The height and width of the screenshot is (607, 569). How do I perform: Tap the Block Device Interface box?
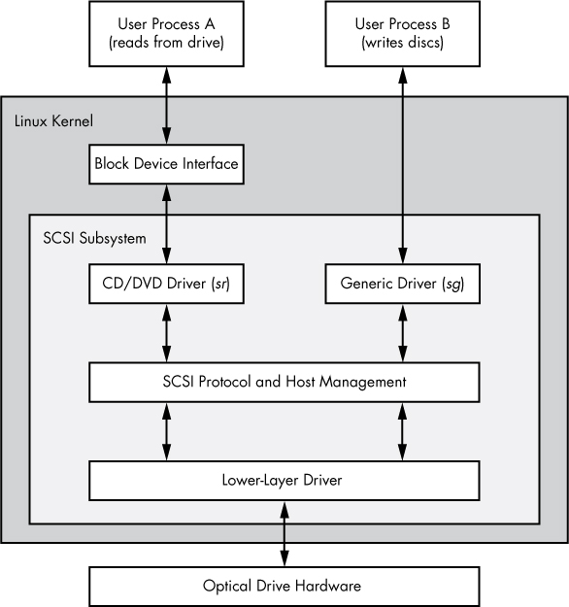pyautogui.click(x=166, y=163)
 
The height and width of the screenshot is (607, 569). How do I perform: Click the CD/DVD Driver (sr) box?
pyautogui.click(x=166, y=285)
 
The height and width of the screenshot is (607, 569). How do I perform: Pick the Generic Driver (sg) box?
pyautogui.click(x=401, y=285)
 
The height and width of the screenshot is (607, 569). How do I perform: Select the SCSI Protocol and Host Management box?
pyautogui.click(x=284, y=382)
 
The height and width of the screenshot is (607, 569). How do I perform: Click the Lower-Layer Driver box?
pyautogui.click(x=284, y=480)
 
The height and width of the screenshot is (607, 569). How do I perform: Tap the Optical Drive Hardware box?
pyautogui.click(x=284, y=586)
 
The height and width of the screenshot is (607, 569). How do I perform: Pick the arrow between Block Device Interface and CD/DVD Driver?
pyautogui.click(x=166, y=223)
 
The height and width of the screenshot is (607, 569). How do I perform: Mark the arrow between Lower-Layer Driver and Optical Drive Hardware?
pyautogui.click(x=284, y=533)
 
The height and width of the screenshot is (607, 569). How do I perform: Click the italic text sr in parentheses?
pyautogui.click(x=229, y=285)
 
